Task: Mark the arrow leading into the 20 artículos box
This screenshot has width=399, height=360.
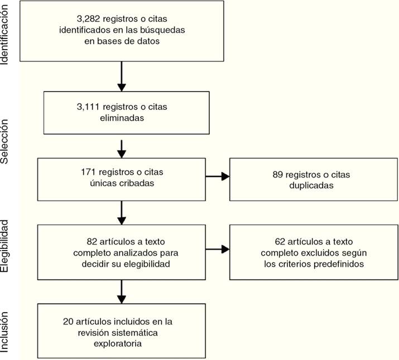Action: (121, 291)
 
